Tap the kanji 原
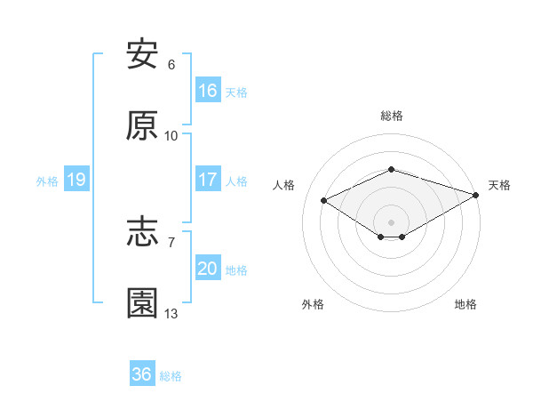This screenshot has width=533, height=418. (142, 126)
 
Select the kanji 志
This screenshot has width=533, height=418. (142, 233)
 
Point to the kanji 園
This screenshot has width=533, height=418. (142, 303)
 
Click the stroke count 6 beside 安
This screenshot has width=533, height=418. (171, 65)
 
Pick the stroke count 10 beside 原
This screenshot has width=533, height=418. (171, 136)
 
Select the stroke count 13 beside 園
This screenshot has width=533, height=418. (171, 313)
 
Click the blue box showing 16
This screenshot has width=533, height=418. (207, 91)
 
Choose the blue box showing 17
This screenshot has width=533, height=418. (207, 180)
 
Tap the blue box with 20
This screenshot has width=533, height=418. (207, 269)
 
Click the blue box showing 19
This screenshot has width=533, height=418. (76, 180)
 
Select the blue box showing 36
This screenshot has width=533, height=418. (141, 374)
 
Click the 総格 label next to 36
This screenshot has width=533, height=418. (171, 376)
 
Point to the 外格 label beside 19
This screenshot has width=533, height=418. (47, 181)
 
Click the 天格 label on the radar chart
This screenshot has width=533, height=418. (499, 185)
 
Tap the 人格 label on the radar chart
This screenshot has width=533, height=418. (283, 185)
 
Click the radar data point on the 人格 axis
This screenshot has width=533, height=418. (324, 199)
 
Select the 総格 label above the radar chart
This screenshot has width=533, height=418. (391, 116)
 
